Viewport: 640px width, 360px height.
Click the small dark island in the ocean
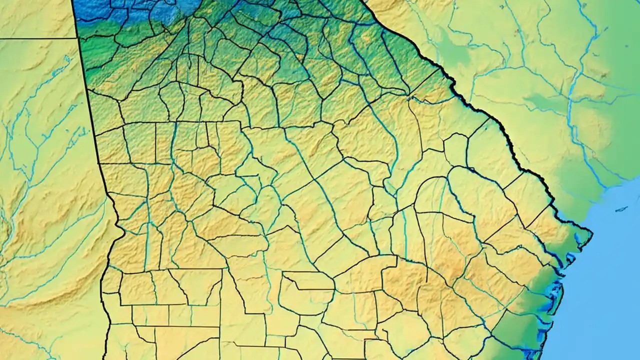[621, 209]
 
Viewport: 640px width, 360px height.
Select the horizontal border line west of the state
[37, 38]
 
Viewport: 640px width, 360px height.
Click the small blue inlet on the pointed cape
[580, 240]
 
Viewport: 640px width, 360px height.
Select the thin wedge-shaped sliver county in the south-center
[307, 282]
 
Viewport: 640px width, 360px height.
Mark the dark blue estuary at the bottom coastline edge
[535, 352]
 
